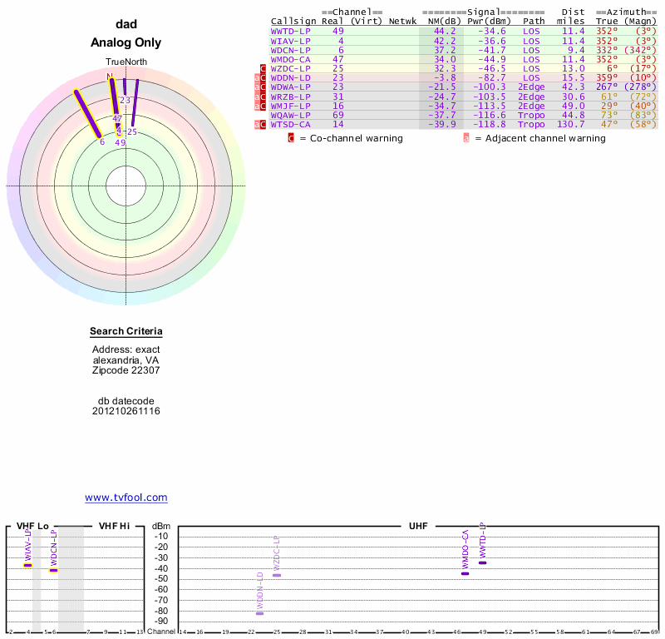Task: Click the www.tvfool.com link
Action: (x=126, y=498)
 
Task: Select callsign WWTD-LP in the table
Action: (x=291, y=31)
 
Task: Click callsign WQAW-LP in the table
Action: (x=291, y=115)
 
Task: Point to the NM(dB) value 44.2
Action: (x=445, y=31)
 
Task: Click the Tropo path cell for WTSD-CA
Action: (x=530, y=124)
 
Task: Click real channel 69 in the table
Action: (x=337, y=115)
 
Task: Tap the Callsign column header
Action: (x=291, y=21)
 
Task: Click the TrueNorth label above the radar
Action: (x=126, y=62)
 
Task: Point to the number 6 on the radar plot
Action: (x=102, y=141)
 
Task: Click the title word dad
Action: (x=126, y=24)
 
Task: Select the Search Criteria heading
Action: (x=126, y=332)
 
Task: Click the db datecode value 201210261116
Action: (x=126, y=411)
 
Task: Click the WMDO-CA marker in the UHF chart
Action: (x=465, y=573)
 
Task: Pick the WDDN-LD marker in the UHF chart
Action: (x=259, y=613)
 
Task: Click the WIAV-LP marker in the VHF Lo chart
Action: (x=27, y=565)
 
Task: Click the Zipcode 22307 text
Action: (x=126, y=370)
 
